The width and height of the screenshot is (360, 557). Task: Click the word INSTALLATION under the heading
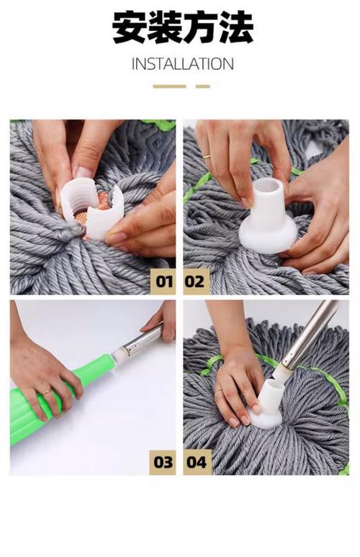click(183, 64)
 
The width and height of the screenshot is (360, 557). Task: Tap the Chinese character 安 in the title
click(130, 27)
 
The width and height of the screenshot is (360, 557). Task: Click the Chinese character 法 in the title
click(236, 27)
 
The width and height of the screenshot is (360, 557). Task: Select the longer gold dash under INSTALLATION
click(169, 86)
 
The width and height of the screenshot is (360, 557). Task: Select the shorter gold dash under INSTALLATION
click(203, 86)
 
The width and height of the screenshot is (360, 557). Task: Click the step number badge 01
click(163, 281)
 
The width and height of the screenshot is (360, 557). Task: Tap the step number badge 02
click(196, 281)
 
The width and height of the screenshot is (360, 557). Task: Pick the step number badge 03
click(163, 462)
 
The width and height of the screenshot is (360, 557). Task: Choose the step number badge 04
click(197, 462)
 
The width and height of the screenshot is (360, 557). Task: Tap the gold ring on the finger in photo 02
click(207, 156)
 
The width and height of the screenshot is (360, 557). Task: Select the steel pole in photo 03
click(142, 340)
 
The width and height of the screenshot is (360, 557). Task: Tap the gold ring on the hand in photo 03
click(47, 392)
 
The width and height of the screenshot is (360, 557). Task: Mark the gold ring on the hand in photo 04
click(220, 390)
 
